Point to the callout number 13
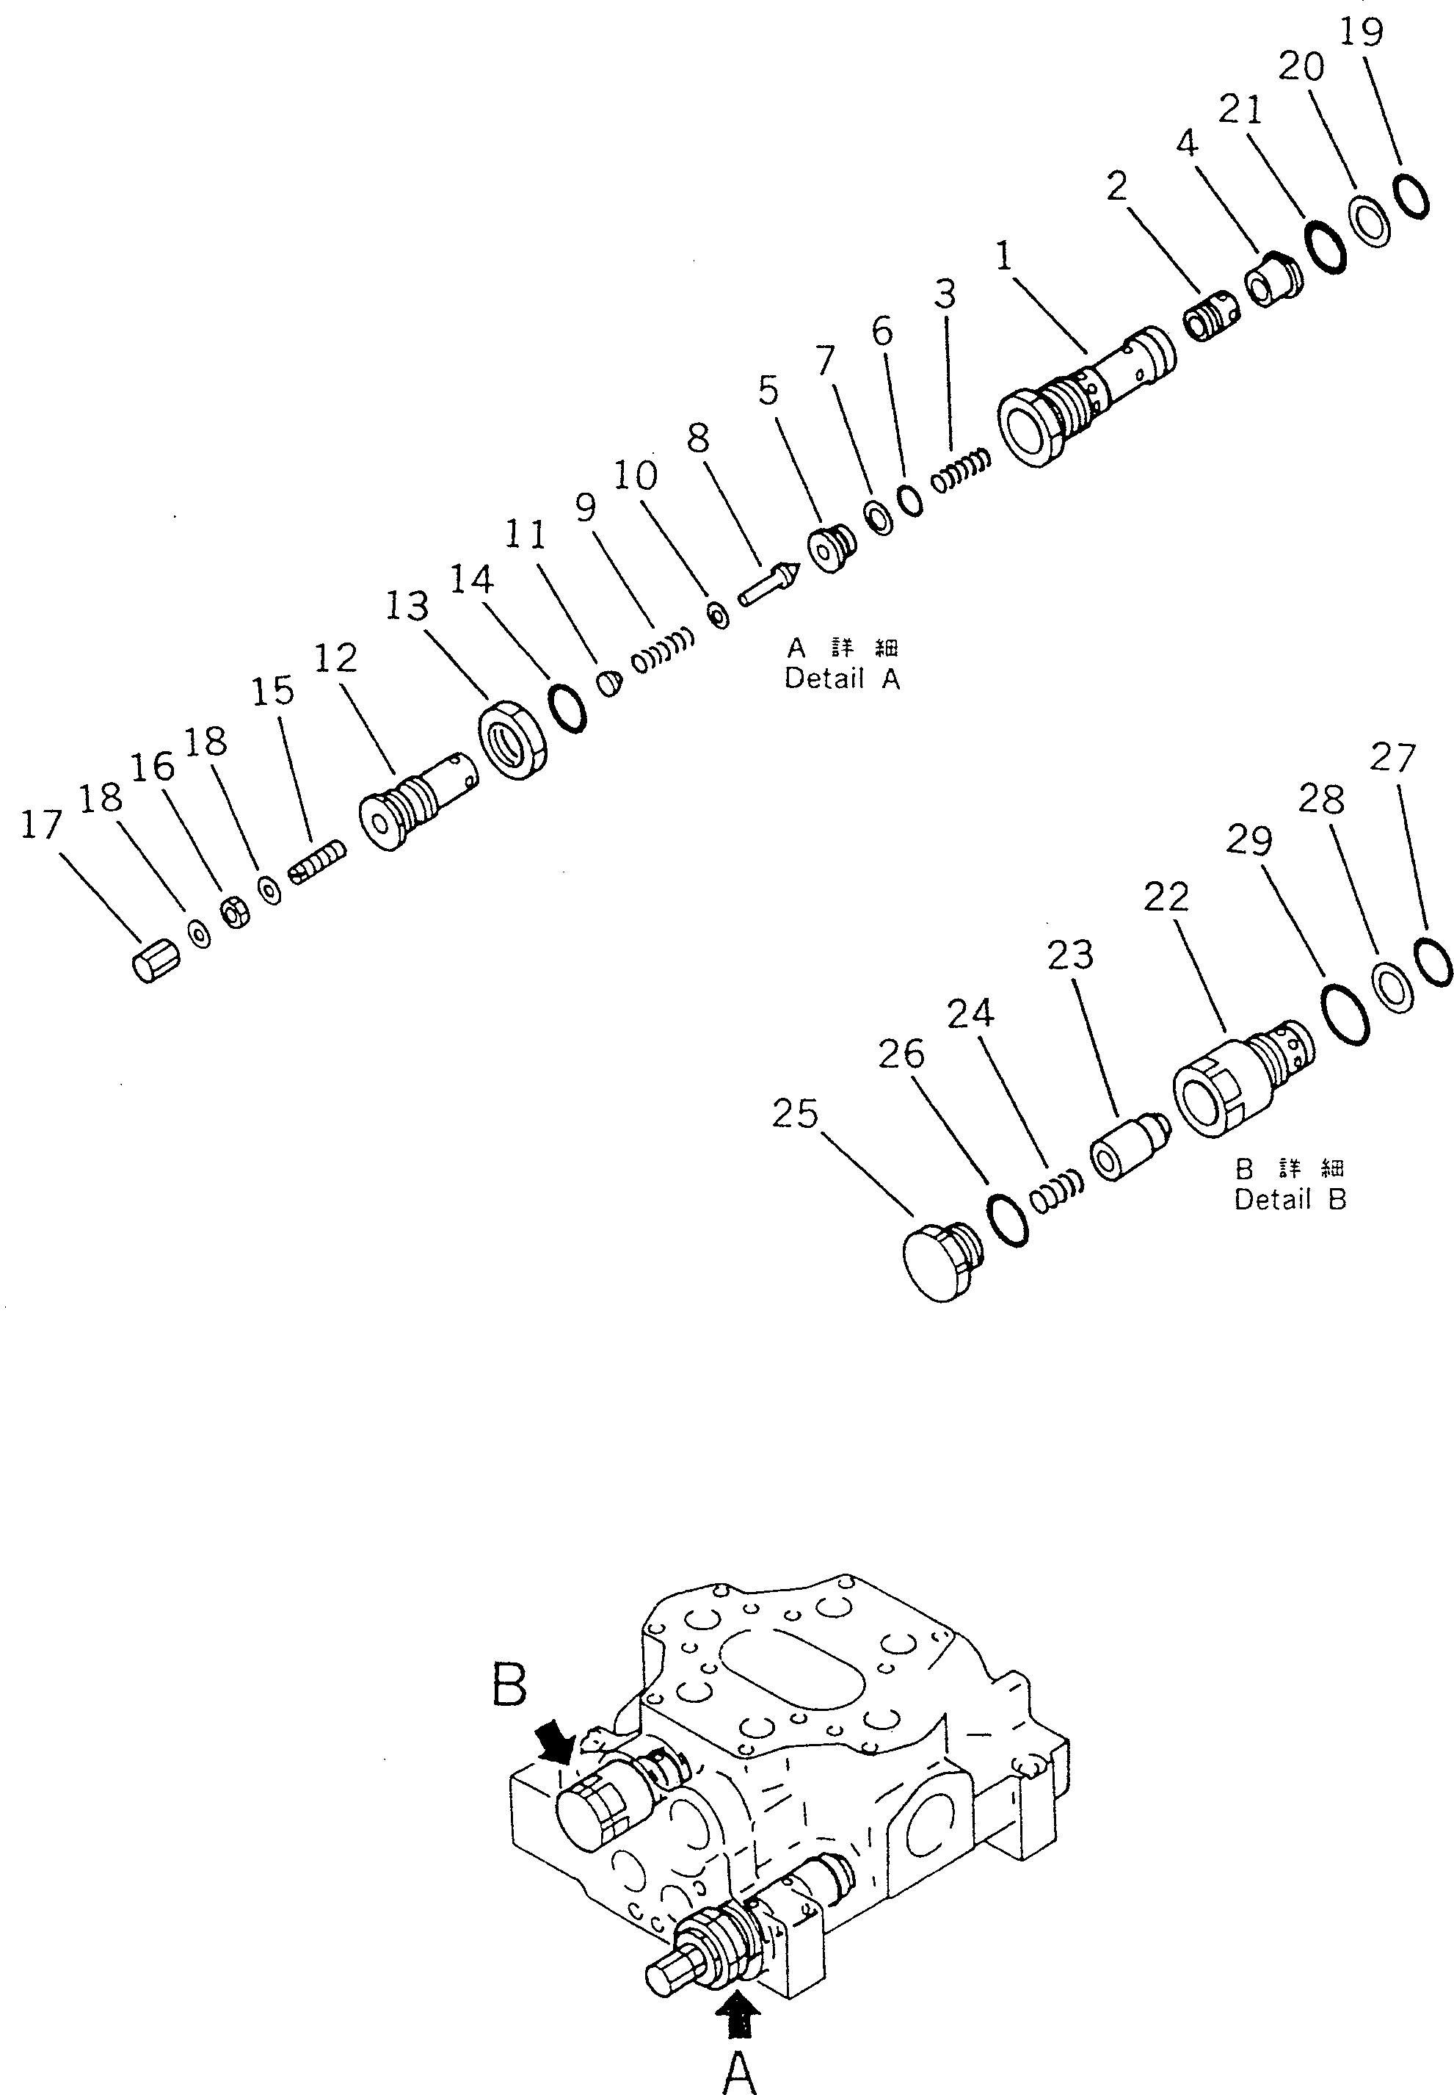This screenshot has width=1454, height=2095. [x=407, y=605]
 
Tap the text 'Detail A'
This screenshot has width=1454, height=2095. [x=842, y=679]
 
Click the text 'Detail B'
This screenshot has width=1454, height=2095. [x=1289, y=1200]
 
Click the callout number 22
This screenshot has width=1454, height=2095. [x=1166, y=897]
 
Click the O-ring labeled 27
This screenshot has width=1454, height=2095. [x=1432, y=960]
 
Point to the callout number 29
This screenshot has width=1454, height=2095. [x=1248, y=839]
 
